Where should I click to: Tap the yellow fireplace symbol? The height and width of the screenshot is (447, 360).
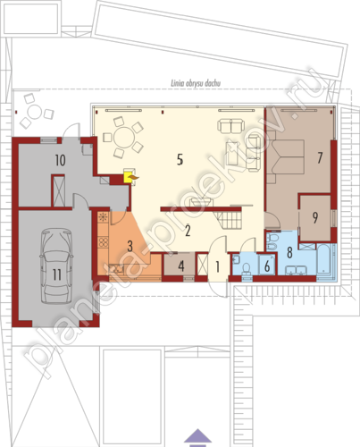click(x=129, y=177)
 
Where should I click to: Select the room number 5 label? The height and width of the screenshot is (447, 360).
click(x=180, y=160)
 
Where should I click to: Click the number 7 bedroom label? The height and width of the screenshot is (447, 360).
click(x=320, y=157)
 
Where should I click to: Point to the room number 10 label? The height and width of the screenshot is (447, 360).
click(x=60, y=160)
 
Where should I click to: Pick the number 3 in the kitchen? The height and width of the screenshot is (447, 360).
click(x=130, y=246)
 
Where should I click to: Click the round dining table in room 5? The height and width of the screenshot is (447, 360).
click(x=123, y=138)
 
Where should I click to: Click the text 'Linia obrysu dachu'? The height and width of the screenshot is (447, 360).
click(x=196, y=83)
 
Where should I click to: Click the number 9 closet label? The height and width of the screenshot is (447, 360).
click(x=315, y=217)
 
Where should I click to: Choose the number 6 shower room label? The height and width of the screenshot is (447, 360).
click(x=267, y=266)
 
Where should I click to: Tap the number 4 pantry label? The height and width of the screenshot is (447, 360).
click(x=181, y=266)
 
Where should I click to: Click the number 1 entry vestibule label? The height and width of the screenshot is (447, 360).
click(x=218, y=266)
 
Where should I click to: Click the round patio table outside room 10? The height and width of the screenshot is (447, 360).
click(x=35, y=113)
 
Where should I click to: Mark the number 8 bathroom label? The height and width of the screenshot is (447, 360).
click(x=289, y=252)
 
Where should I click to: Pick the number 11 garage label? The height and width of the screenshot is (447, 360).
click(x=56, y=274)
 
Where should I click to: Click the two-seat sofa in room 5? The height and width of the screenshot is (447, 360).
click(x=231, y=125)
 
